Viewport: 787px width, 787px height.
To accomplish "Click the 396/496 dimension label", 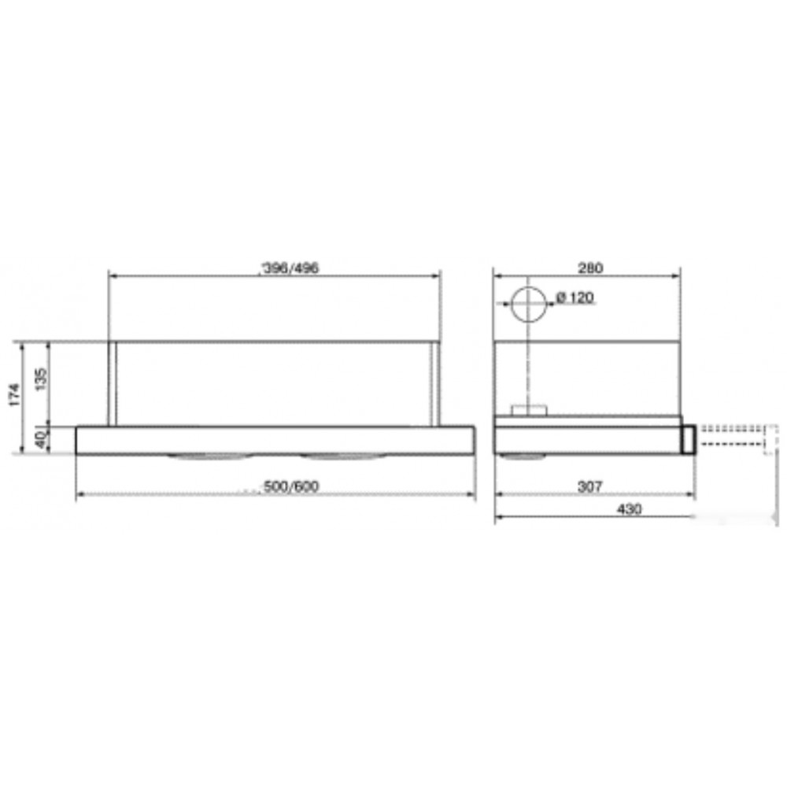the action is [291, 268].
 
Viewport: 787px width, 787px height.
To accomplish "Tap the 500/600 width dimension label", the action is [291, 486].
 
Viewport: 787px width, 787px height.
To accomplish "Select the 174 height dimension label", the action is [14, 395].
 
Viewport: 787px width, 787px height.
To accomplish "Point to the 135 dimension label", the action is [42, 379].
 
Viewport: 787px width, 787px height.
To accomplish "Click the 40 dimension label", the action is [42, 440].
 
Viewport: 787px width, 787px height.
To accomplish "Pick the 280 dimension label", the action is [590, 268].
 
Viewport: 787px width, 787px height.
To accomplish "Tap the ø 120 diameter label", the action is [575, 297].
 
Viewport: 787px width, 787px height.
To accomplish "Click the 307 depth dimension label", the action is [590, 486].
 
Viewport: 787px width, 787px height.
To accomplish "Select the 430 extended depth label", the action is [630, 509].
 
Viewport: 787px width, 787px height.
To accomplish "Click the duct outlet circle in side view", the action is [545, 304].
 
